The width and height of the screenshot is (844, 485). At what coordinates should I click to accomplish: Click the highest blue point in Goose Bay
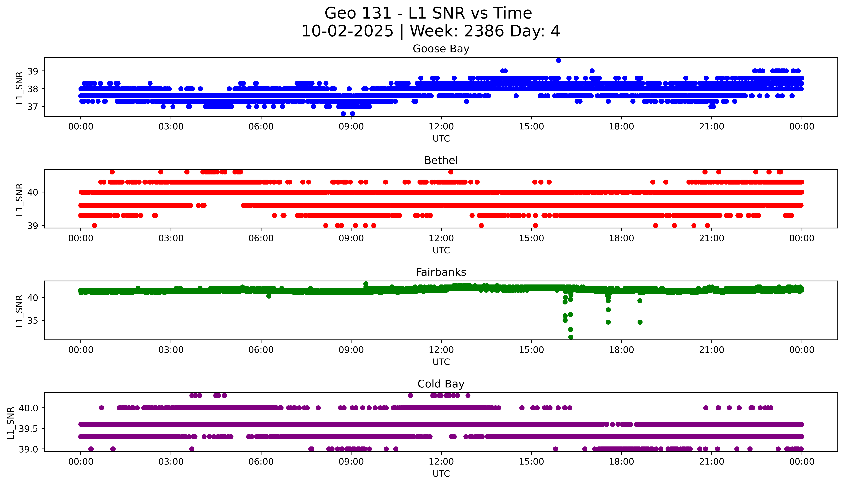coord(559,60)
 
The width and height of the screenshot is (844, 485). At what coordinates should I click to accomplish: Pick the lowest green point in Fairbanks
coord(571,337)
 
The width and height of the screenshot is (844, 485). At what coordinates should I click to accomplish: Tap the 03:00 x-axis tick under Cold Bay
coord(171,462)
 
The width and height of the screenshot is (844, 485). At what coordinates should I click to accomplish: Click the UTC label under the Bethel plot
coord(441,250)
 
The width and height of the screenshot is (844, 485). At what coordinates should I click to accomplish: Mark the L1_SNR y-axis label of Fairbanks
coord(19,311)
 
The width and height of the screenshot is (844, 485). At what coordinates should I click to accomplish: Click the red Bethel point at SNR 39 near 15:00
coord(535,225)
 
